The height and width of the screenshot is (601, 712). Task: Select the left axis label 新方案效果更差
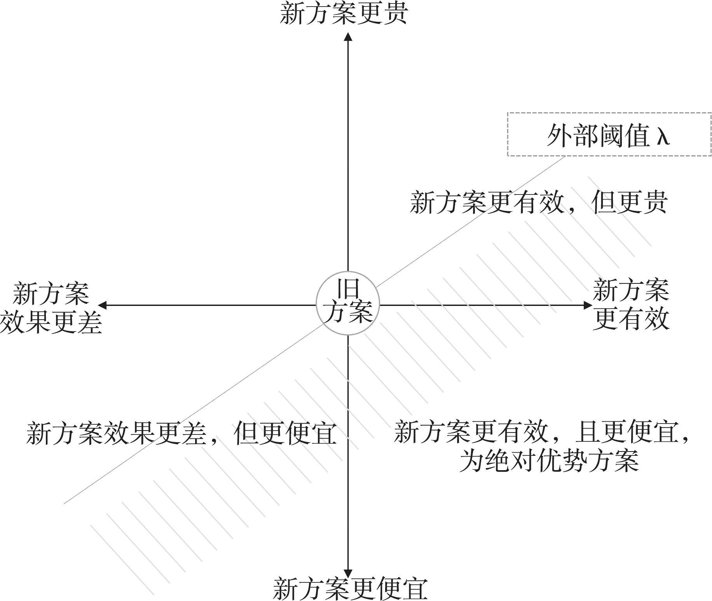(51, 309)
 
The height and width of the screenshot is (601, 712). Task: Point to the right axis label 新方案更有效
(631, 305)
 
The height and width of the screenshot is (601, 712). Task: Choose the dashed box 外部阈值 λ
(609, 134)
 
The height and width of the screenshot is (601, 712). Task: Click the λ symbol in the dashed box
(663, 136)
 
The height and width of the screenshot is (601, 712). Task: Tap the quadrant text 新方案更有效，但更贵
(539, 202)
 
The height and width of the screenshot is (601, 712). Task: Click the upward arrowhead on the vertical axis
(348, 37)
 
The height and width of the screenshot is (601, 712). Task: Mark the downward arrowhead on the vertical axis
(348, 573)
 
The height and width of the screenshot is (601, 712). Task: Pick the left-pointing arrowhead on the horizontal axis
(102, 305)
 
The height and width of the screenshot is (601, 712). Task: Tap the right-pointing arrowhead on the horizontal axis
(588, 305)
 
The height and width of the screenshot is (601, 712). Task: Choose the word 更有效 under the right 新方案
(631, 319)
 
